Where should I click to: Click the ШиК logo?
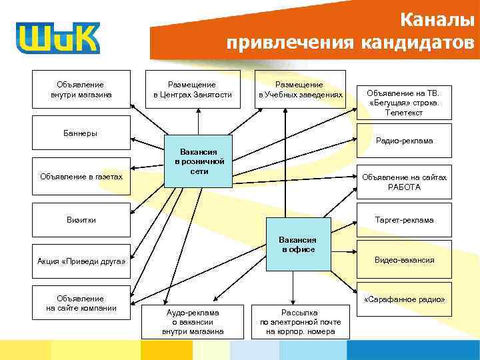pyautogui.click(x=59, y=38)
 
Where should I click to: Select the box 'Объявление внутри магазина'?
pyautogui.click(x=81, y=89)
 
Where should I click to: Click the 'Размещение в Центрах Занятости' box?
pyautogui.click(x=192, y=89)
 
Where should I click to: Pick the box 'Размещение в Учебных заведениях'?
pyautogui.click(x=300, y=89)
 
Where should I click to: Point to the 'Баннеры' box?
pyautogui.click(x=81, y=132)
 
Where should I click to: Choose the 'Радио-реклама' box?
pyautogui.click(x=404, y=140)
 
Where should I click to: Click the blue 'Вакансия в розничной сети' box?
pyautogui.click(x=199, y=161)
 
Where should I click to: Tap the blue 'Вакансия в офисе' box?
pyautogui.click(x=297, y=244)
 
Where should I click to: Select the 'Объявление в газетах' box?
pyautogui.click(x=81, y=176)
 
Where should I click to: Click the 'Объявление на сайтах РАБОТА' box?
pyautogui.click(x=404, y=182)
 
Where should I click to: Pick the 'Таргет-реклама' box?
pyautogui.click(x=404, y=219)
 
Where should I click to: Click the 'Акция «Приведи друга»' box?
pyautogui.click(x=81, y=261)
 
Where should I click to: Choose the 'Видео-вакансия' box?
pyautogui.click(x=404, y=259)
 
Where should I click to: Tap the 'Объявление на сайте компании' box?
pyautogui.click(x=81, y=303)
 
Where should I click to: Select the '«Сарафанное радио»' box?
pyautogui.click(x=404, y=300)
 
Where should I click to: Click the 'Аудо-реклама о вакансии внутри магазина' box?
pyautogui.click(x=192, y=321)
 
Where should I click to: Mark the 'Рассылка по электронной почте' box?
pyautogui.click(x=300, y=321)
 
